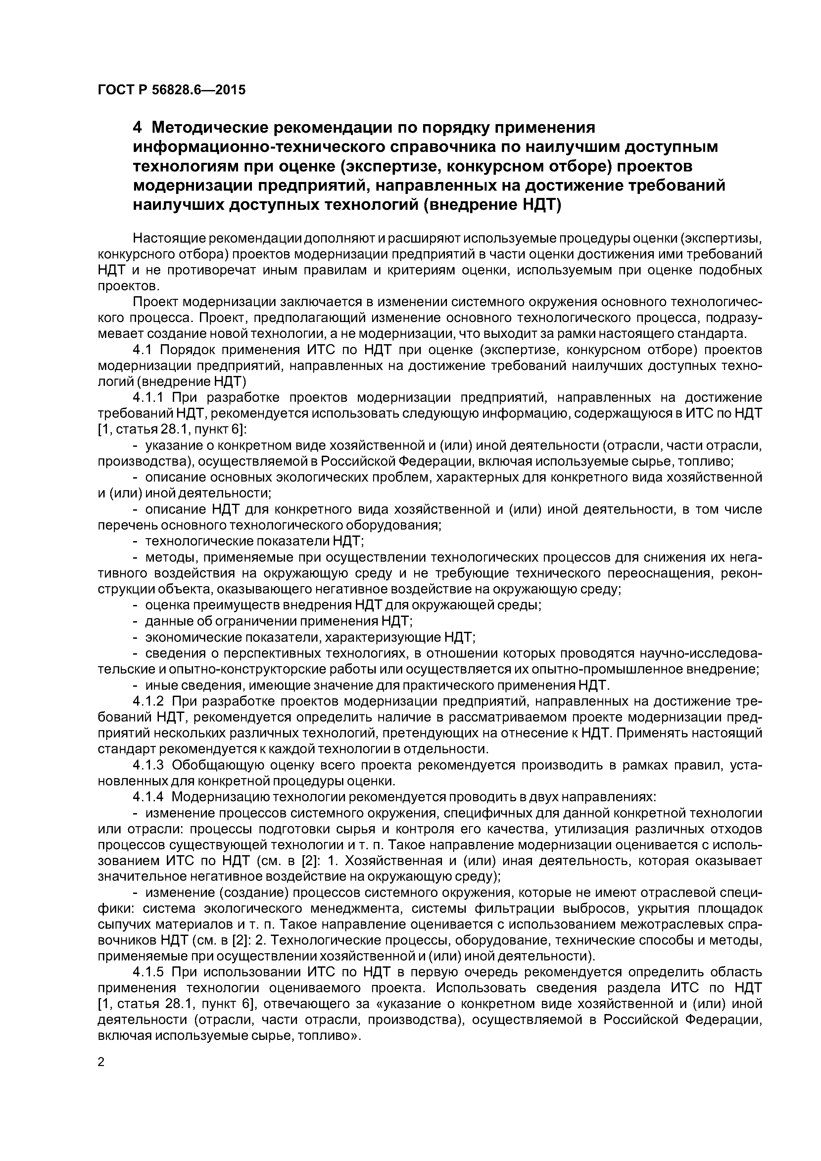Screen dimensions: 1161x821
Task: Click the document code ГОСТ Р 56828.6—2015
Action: coord(171,90)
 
